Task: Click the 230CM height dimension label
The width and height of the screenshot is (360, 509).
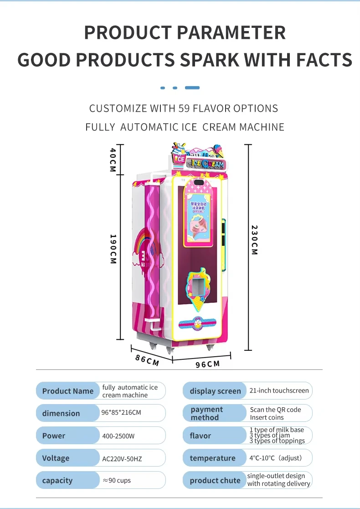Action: [254, 240]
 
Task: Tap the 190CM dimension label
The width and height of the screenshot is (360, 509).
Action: [113, 249]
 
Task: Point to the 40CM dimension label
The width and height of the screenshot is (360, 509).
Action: [113, 159]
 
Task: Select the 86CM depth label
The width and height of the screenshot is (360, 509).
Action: [147, 359]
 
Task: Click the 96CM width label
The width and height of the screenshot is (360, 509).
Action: [207, 364]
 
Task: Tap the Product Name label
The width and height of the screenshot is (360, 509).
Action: [67, 391]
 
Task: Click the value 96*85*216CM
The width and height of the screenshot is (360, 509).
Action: [121, 413]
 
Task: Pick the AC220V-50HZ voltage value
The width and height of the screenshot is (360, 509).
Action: [122, 458]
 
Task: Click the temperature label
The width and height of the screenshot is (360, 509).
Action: [212, 458]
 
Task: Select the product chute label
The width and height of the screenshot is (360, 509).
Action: [215, 480]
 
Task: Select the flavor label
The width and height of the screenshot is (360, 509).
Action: [201, 436]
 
